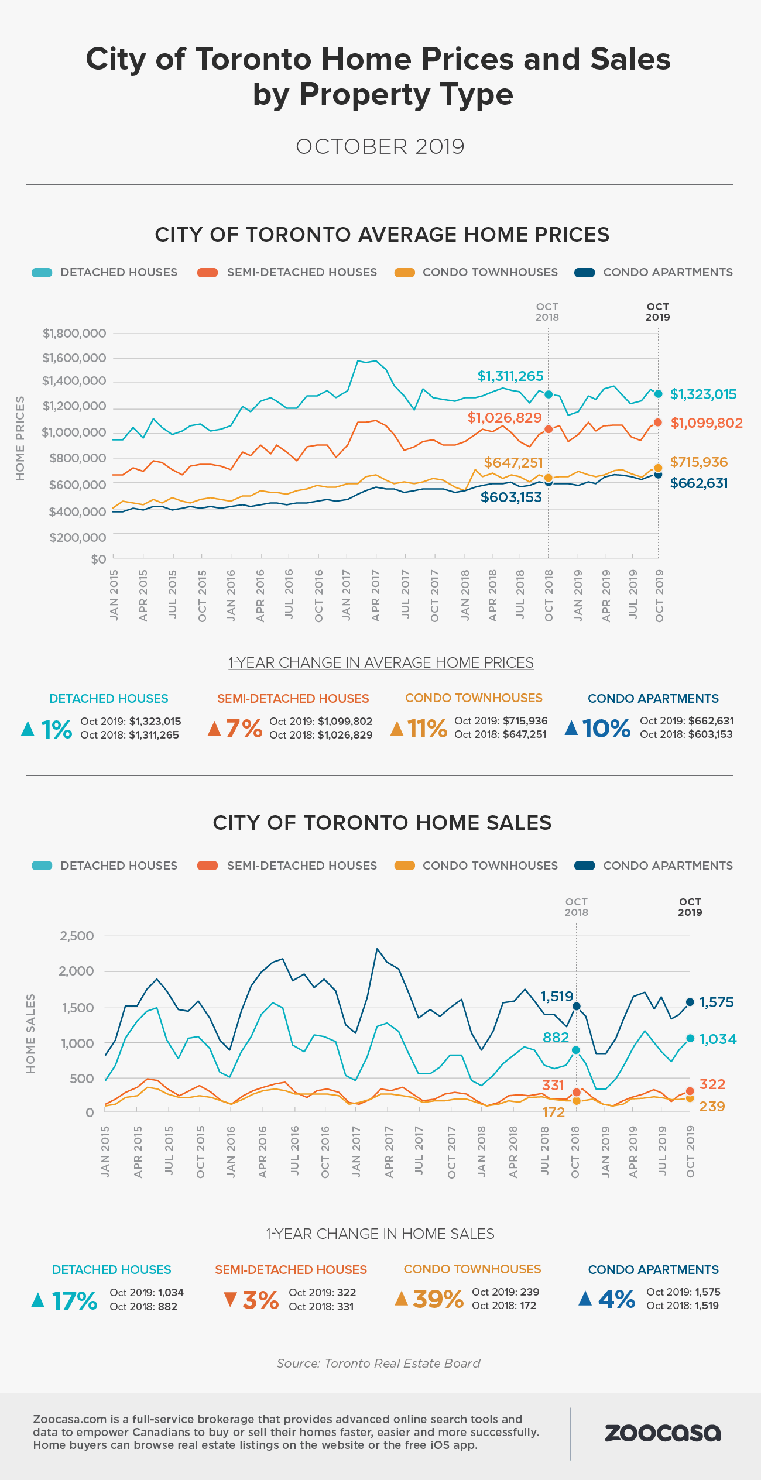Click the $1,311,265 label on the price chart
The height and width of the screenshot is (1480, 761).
click(x=510, y=376)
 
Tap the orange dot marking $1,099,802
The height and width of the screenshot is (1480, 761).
click(x=658, y=422)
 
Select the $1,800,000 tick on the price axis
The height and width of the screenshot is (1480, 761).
click(x=74, y=334)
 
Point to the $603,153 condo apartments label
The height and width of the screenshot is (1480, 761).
click(x=511, y=497)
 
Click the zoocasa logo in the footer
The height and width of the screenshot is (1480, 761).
click(x=662, y=1433)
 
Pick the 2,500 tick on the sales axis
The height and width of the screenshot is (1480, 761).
click(x=77, y=936)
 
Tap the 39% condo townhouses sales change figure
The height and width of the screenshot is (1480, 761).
click(x=438, y=1299)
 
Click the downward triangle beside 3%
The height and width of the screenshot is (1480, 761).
click(x=230, y=1299)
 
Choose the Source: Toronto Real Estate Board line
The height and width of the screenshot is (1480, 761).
click(x=378, y=1364)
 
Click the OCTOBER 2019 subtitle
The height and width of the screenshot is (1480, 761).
click(x=380, y=147)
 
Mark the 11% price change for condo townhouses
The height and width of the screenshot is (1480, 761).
click(x=427, y=729)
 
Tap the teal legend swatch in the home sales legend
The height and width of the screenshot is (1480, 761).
click(x=42, y=866)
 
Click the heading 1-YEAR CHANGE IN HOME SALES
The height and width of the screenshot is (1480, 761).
click(x=380, y=1234)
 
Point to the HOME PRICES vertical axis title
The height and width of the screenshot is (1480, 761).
click(x=20, y=438)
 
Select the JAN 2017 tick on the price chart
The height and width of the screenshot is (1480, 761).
click(x=347, y=595)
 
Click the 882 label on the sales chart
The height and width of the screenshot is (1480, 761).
click(x=556, y=1038)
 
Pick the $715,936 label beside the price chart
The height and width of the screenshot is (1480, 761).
click(x=699, y=462)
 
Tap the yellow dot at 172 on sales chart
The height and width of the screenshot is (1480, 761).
click(x=576, y=1101)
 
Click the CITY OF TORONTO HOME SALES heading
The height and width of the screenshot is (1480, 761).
click(x=382, y=823)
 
